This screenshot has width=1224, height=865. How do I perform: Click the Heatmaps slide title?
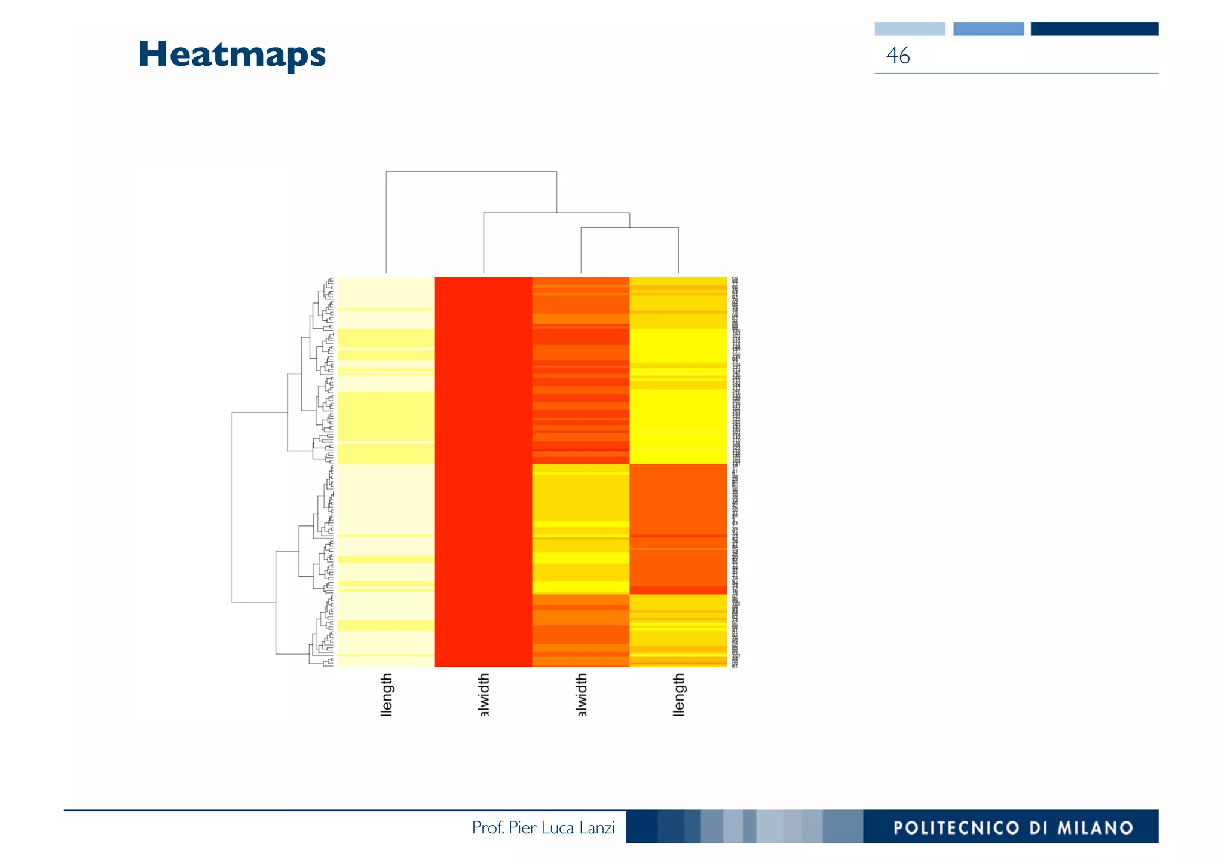(232, 55)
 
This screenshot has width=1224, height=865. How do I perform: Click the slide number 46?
(898, 56)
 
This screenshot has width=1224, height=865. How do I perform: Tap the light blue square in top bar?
(910, 29)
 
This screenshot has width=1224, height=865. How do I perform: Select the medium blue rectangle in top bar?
(988, 29)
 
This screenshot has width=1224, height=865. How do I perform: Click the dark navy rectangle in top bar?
(1094, 29)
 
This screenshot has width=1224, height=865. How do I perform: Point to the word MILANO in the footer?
(1095, 828)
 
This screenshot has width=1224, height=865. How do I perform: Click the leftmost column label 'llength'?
(387, 694)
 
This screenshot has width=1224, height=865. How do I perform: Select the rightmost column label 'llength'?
(678, 694)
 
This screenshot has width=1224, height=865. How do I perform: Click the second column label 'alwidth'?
(484, 694)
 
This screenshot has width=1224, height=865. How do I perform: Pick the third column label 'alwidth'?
(581, 694)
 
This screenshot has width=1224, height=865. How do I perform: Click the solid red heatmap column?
(484, 472)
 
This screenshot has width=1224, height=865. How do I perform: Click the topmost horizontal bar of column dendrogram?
(472, 172)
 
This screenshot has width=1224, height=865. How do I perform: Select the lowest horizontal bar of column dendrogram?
(629, 228)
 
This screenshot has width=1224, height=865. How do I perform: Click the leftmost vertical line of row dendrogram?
(232, 508)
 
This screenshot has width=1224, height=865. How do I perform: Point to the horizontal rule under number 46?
(1016, 74)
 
